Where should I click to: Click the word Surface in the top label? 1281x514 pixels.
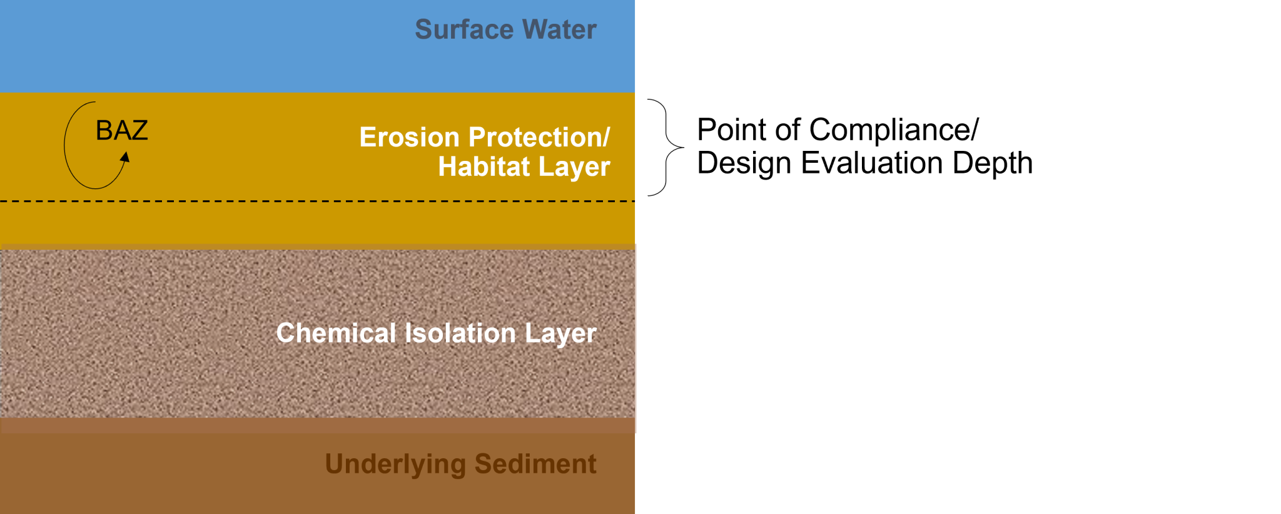(x=464, y=29)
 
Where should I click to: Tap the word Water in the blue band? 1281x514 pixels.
(x=560, y=29)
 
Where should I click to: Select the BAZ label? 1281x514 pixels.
(x=121, y=130)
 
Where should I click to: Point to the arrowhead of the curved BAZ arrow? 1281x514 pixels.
(x=126, y=157)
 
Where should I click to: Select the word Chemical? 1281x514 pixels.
(x=336, y=333)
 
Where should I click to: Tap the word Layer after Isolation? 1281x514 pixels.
(x=560, y=334)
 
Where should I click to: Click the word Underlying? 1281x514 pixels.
(x=395, y=465)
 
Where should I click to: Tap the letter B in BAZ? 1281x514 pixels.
(x=103, y=130)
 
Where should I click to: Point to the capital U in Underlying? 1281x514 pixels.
(x=333, y=464)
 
